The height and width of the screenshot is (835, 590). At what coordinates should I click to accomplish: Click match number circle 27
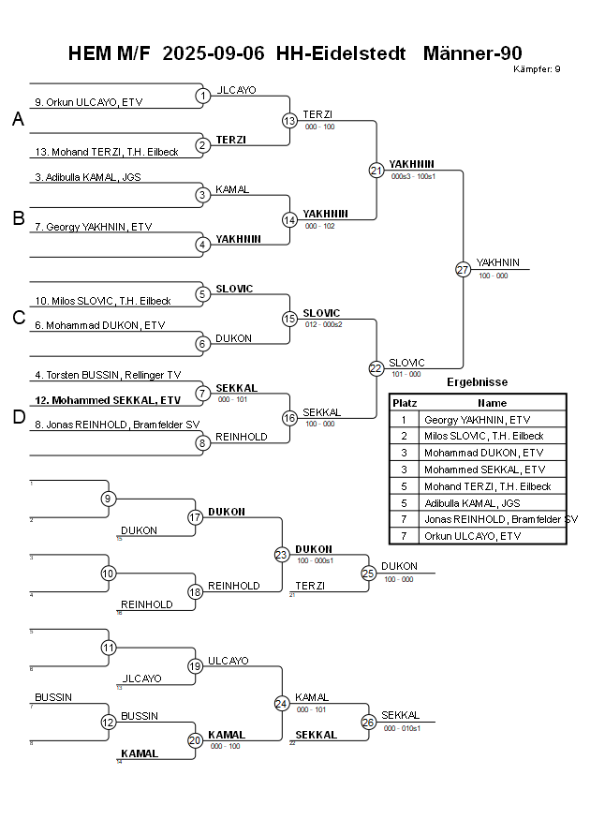[463, 269]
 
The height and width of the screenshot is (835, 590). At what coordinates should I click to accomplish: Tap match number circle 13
[289, 120]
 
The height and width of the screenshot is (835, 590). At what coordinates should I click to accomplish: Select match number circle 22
[376, 368]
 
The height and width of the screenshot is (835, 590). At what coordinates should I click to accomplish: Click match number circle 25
[369, 573]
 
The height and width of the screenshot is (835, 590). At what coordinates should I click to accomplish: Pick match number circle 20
[196, 740]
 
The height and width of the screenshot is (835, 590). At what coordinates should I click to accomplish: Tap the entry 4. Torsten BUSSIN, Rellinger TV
[108, 375]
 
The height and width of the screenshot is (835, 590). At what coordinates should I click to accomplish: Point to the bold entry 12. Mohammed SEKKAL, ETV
[108, 399]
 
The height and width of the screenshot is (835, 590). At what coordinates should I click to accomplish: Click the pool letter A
[18, 119]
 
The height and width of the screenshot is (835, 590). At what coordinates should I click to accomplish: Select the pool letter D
[18, 417]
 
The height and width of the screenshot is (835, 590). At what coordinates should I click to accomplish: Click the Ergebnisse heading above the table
[477, 382]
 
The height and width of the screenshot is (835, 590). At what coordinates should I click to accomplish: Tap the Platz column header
[404, 402]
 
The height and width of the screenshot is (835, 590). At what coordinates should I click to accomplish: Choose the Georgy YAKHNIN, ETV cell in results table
[477, 420]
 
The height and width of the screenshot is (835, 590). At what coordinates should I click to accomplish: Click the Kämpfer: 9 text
[538, 69]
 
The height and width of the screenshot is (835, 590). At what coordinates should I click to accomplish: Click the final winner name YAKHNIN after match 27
[497, 262]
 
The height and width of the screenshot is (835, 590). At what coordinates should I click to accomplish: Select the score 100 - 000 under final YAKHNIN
[493, 276]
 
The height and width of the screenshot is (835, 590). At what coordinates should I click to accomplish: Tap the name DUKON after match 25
[399, 566]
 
